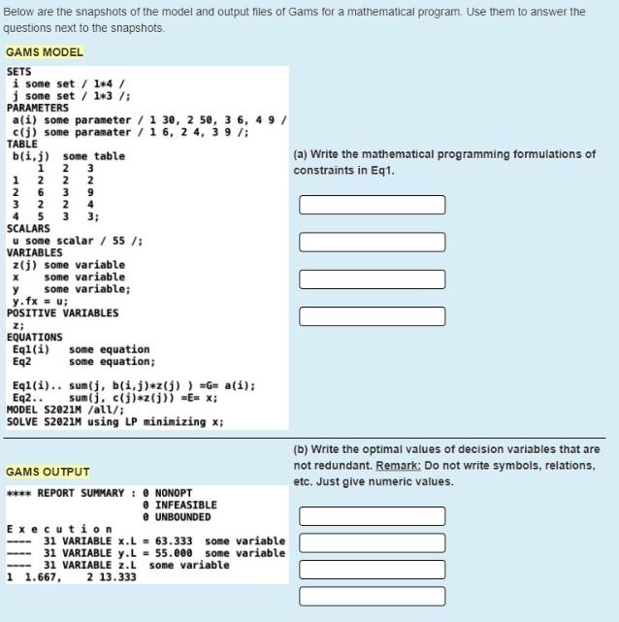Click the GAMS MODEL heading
pyautogui.click(x=45, y=52)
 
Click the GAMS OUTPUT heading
pyautogui.click(x=48, y=472)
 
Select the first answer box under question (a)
pyautogui.click(x=372, y=205)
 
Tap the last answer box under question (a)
pyautogui.click(x=372, y=315)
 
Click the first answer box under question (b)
pyautogui.click(x=372, y=515)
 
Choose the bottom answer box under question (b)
pyautogui.click(x=372, y=595)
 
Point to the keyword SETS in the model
pyautogui.click(x=19, y=72)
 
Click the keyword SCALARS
pyautogui.click(x=28, y=229)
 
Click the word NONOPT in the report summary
pyautogui.click(x=174, y=493)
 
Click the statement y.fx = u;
pyautogui.click(x=38, y=301)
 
